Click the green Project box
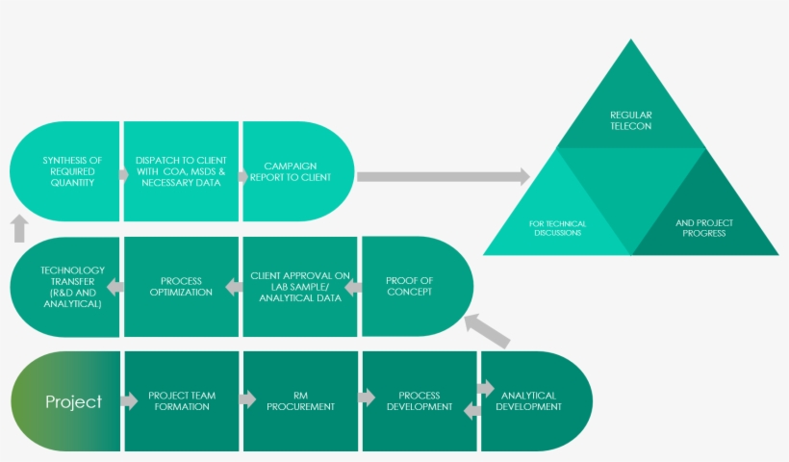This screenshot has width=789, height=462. point(67,401)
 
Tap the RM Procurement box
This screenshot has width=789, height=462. point(300,401)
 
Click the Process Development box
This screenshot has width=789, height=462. point(420,401)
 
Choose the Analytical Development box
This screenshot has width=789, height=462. point(535,401)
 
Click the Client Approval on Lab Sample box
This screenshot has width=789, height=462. point(301,287)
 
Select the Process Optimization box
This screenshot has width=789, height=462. point(181,287)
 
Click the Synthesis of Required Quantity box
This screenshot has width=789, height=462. point(67,170)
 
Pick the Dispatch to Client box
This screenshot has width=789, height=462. point(181,170)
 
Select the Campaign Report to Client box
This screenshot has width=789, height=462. point(297,170)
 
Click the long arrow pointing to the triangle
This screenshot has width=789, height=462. point(443,176)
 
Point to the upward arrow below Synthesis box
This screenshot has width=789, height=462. point(19,228)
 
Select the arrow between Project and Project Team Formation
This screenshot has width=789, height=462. point(129,400)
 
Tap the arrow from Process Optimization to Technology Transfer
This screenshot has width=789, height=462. point(115,286)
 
